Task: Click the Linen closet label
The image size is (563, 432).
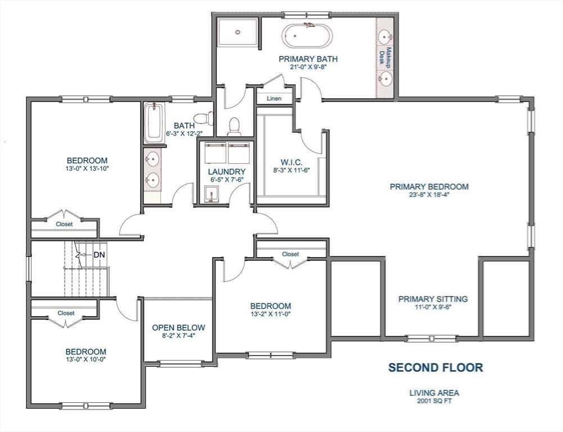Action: click(x=274, y=98)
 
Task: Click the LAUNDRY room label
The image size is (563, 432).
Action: click(x=226, y=172)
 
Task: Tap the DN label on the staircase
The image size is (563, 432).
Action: click(x=99, y=255)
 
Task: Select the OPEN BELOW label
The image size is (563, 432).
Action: click(x=179, y=327)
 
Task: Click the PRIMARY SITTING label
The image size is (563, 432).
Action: click(x=433, y=299)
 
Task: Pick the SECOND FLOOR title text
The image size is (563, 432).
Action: click(x=435, y=368)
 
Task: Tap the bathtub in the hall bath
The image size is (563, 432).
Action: click(x=152, y=123)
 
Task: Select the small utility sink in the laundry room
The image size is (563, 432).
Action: click(x=210, y=194)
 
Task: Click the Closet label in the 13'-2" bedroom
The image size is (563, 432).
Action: click(x=290, y=254)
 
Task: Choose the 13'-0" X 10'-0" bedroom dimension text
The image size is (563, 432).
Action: click(x=86, y=360)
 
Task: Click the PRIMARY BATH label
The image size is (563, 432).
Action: click(x=308, y=58)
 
